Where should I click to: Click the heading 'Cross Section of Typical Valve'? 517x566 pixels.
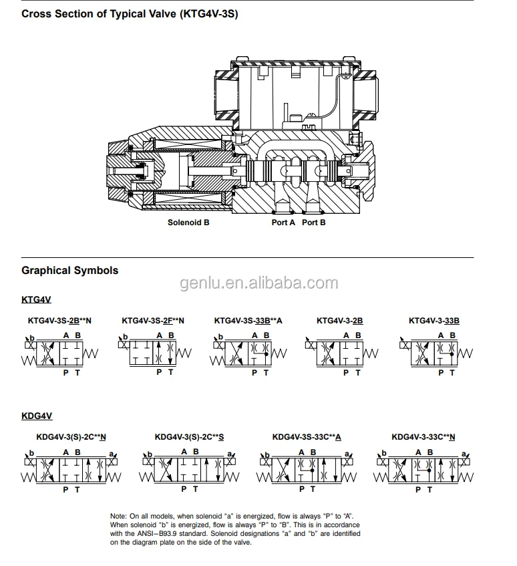coord(130,13)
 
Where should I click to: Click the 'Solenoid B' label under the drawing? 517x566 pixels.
coord(188,223)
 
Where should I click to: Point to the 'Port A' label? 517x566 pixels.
coord(283,223)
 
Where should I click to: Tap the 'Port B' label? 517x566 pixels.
coord(313,223)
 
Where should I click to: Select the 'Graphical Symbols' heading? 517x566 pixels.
coord(69,271)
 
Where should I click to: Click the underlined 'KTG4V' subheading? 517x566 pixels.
coord(36,299)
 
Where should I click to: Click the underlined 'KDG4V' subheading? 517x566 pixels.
coord(36,416)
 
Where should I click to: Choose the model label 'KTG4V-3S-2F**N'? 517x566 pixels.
coord(153,321)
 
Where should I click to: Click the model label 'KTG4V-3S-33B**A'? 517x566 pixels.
coord(248,321)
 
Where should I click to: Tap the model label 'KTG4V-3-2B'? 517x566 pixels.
coord(340,321)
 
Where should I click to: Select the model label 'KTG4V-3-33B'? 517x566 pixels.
coord(434,321)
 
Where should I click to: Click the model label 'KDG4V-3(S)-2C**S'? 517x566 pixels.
coord(189,437)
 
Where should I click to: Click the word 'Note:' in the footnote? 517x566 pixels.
coord(118,517)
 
